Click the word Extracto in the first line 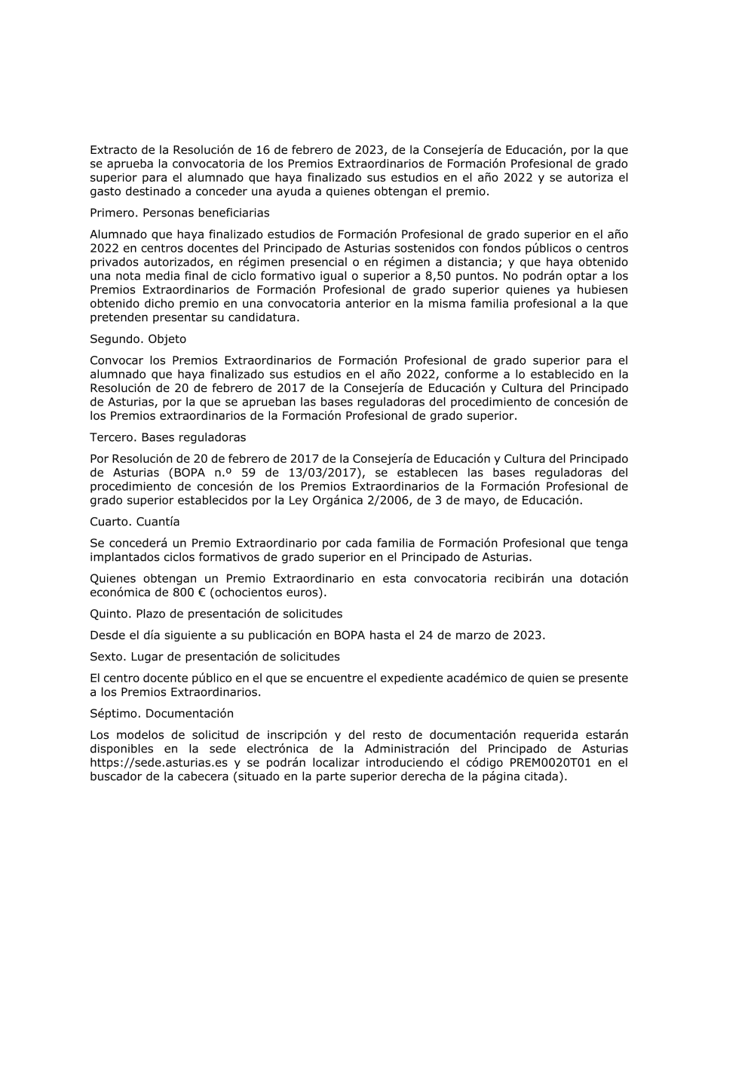(114, 150)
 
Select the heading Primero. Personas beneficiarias (179, 213)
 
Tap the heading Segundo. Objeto (138, 339)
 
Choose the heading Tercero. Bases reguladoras (167, 437)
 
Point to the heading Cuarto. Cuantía (134, 522)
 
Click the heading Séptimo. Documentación (161, 713)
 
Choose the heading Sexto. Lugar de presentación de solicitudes (214, 657)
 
